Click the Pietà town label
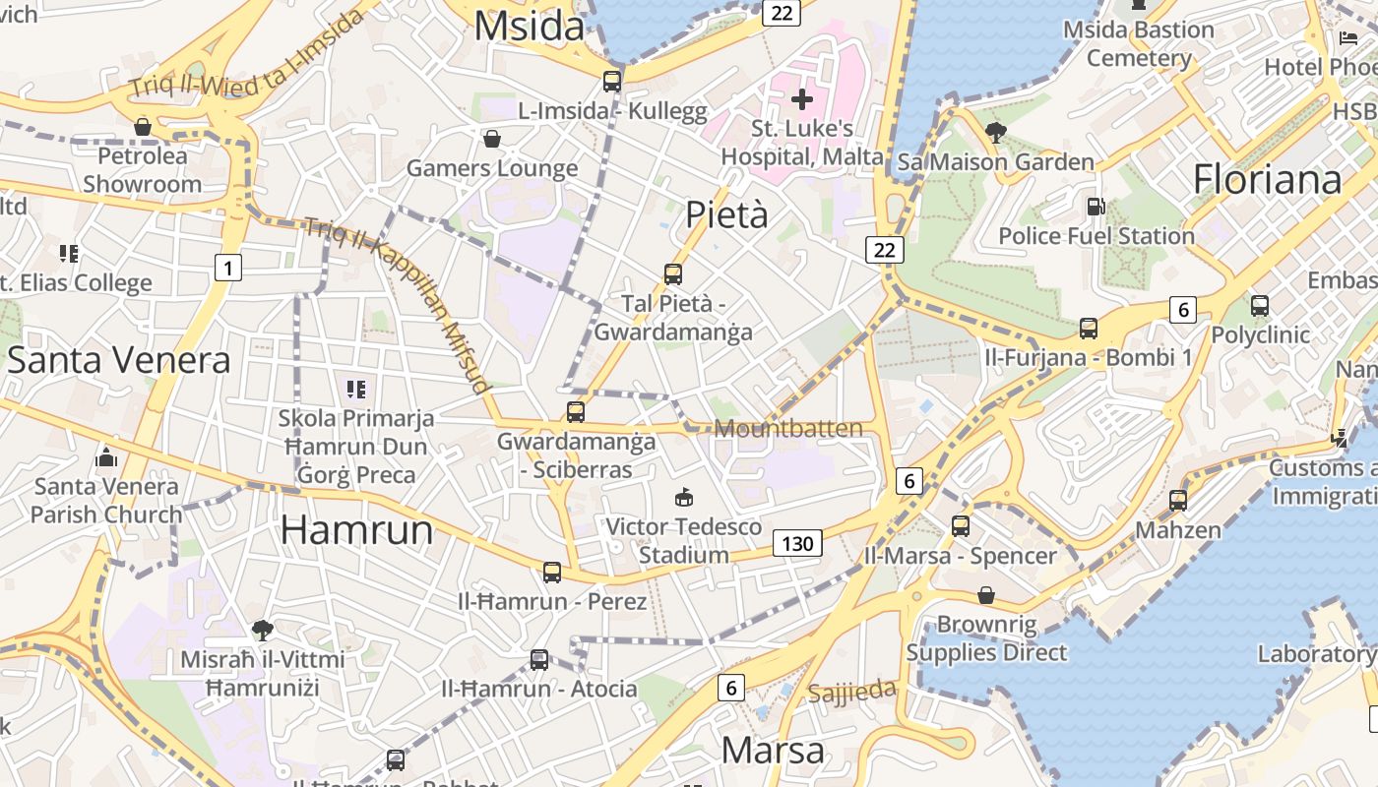726,214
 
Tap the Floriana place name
1267,180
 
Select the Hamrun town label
356,530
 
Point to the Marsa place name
773,751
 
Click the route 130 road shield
797,543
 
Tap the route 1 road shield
228,268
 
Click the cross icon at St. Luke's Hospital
802,98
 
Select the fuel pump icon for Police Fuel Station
1096,207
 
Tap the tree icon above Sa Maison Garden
995,132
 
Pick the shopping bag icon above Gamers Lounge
492,139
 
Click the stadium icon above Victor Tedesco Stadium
684,497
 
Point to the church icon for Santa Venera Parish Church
106,457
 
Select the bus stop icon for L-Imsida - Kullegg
612,82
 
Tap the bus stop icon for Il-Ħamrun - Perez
552,572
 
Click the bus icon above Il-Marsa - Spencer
960,526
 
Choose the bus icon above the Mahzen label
1178,501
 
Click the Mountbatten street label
788,428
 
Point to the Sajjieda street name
852,691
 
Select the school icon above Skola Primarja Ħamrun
355,390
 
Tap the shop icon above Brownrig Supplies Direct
986,595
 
